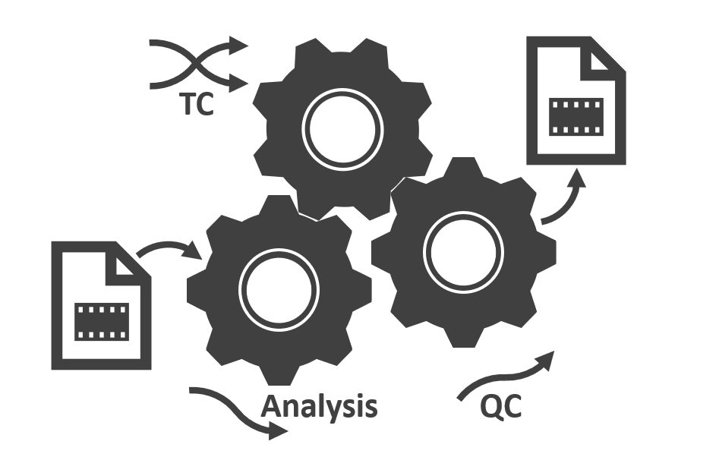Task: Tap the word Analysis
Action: [319, 407]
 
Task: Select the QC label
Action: [501, 407]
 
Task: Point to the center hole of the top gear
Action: [342, 128]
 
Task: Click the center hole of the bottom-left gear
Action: [279, 288]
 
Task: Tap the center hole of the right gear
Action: [463, 251]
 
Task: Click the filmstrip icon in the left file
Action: [102, 321]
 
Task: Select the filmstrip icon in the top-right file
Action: [576, 116]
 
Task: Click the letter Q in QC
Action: [491, 408]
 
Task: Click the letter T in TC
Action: [185, 104]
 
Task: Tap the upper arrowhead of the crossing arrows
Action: [240, 45]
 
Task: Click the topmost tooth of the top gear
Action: [341, 47]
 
